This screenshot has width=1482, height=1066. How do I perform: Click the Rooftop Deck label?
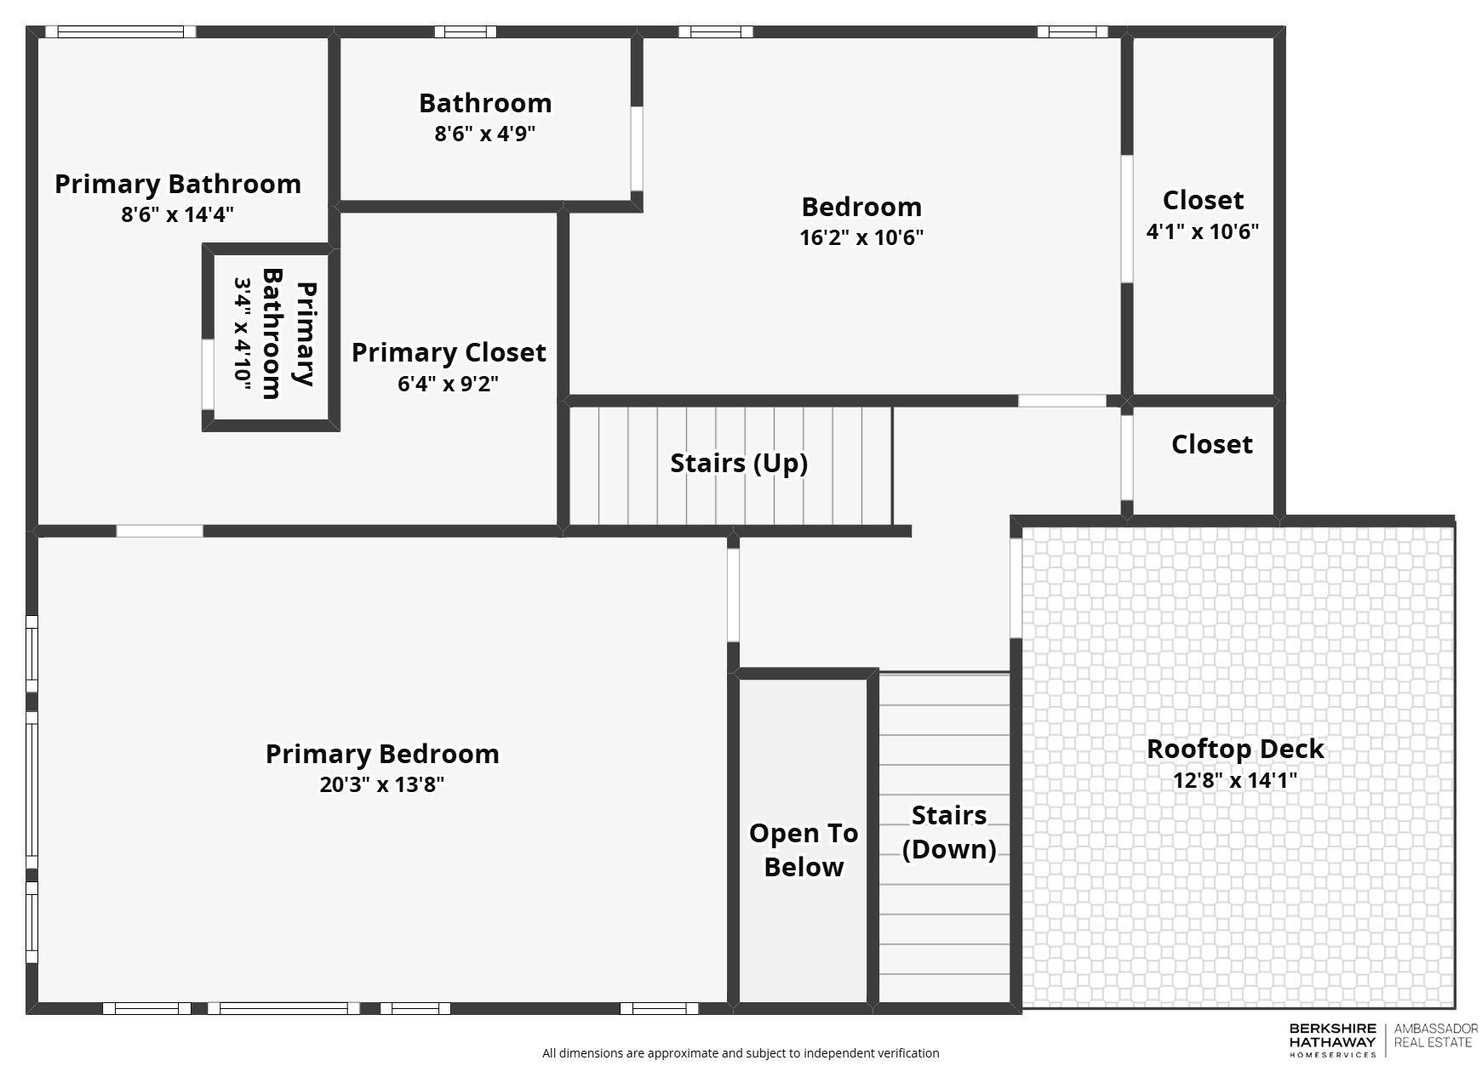click(1234, 750)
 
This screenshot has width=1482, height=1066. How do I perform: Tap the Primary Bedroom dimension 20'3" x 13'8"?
click(382, 784)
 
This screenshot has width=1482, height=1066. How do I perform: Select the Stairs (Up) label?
click(738, 464)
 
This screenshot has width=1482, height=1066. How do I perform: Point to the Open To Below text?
click(803, 850)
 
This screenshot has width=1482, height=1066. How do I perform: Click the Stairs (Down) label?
click(948, 832)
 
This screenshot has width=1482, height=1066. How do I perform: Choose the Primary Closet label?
click(449, 353)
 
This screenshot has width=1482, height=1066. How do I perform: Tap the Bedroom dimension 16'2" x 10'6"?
click(861, 237)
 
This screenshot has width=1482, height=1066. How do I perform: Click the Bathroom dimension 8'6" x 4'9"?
click(485, 134)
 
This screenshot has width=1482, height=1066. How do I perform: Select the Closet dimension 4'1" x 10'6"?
click(1202, 231)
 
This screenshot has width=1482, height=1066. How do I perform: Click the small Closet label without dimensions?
click(1211, 444)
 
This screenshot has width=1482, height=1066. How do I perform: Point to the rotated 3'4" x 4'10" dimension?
click(243, 334)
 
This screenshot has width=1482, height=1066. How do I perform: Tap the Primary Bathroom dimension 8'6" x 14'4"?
click(177, 214)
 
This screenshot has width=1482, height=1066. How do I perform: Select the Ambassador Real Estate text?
click(1435, 1035)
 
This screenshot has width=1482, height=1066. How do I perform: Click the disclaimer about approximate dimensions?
click(741, 1053)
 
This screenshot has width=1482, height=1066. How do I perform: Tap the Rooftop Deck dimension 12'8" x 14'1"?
click(1234, 780)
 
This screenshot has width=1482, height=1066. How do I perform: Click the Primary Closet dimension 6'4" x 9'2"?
click(448, 384)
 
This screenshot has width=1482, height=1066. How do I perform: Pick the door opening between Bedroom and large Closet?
click(1126, 219)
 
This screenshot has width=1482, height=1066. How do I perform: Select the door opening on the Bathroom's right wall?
click(636, 149)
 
